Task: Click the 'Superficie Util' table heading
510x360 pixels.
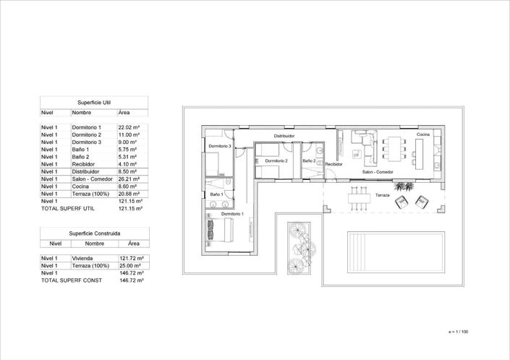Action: click(93, 103)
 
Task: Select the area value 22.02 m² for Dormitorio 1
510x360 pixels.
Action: click(129, 127)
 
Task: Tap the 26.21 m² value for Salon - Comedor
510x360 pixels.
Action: click(129, 179)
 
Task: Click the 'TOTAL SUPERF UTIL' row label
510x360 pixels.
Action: click(68, 208)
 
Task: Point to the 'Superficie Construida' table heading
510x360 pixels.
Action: click(94, 233)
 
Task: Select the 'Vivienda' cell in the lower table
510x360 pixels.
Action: click(82, 258)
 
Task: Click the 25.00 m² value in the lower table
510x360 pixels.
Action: click(130, 265)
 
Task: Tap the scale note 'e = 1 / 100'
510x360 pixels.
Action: click(459, 332)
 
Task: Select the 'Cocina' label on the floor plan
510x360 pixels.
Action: click(423, 134)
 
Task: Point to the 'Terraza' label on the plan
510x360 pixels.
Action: click(382, 196)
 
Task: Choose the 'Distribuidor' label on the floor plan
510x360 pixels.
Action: click(284, 135)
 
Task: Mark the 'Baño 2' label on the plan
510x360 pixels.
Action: click(309, 160)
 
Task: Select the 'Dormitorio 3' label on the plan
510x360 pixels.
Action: click(220, 146)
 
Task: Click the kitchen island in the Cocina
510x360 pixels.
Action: click(418, 149)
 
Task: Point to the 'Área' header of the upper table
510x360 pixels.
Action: click(124, 113)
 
